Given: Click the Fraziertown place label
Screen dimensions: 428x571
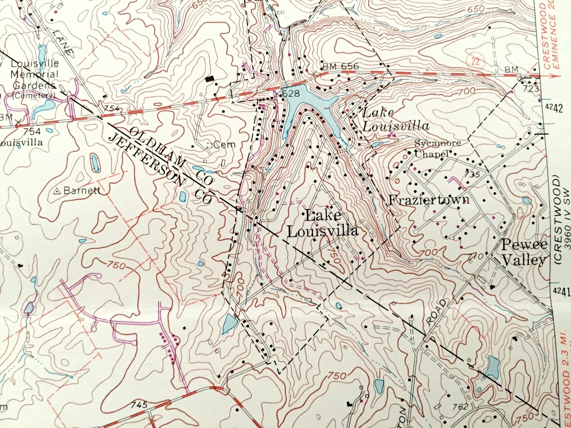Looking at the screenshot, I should pos(429,199).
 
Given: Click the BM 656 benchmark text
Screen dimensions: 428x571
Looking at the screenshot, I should pos(340,66).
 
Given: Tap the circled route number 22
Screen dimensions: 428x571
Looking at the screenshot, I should pos(475,61).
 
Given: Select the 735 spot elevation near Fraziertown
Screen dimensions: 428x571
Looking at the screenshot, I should pos(472,175).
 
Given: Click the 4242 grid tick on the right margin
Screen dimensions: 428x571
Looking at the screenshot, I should pos(554,108).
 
